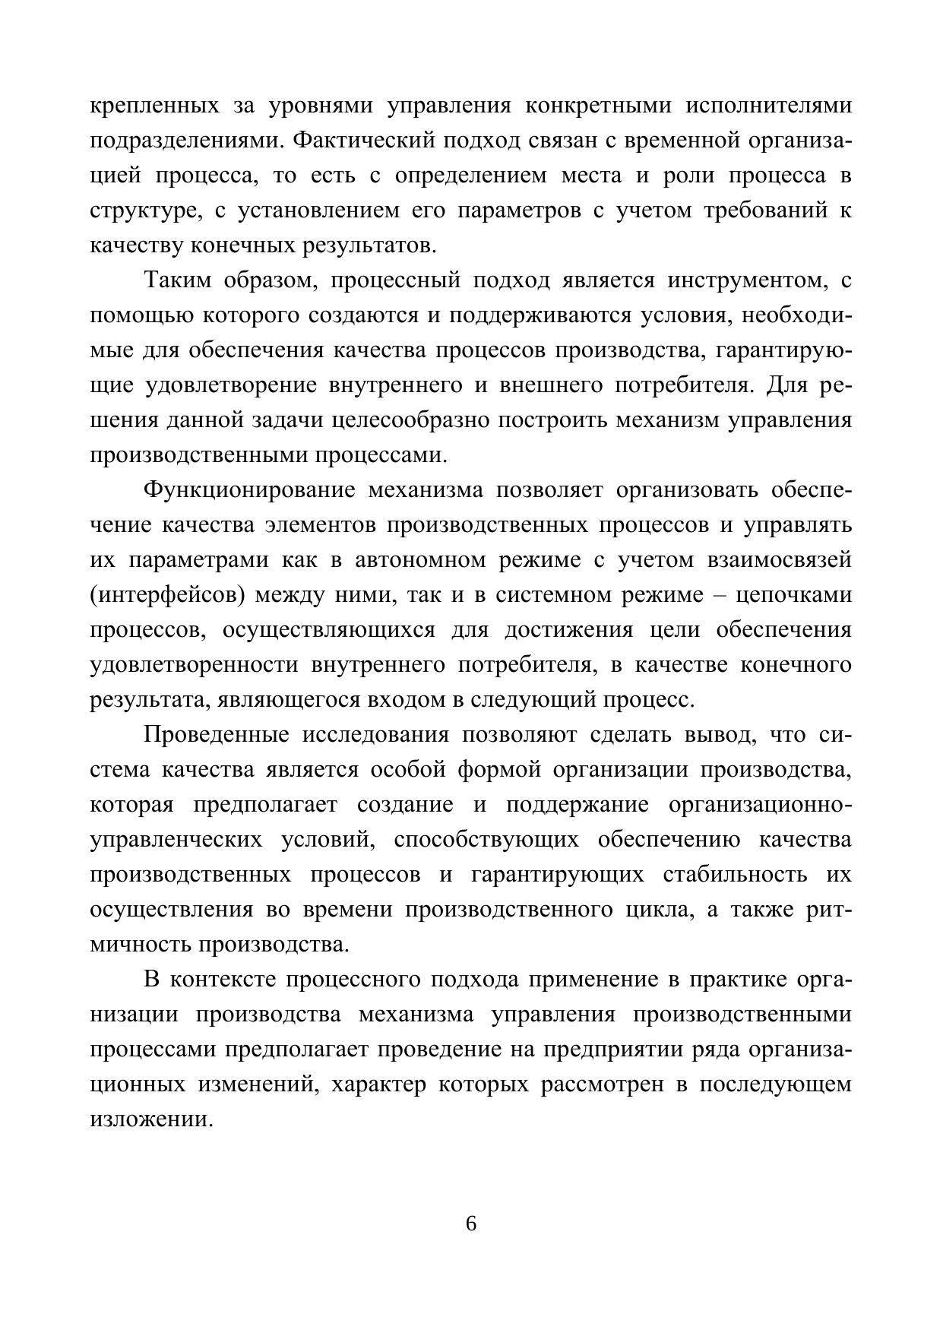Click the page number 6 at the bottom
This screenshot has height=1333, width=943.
click(471, 1224)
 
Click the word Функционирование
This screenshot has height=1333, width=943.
click(249, 490)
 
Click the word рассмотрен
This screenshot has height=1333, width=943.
click(602, 1084)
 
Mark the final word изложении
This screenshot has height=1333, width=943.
click(150, 1119)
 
